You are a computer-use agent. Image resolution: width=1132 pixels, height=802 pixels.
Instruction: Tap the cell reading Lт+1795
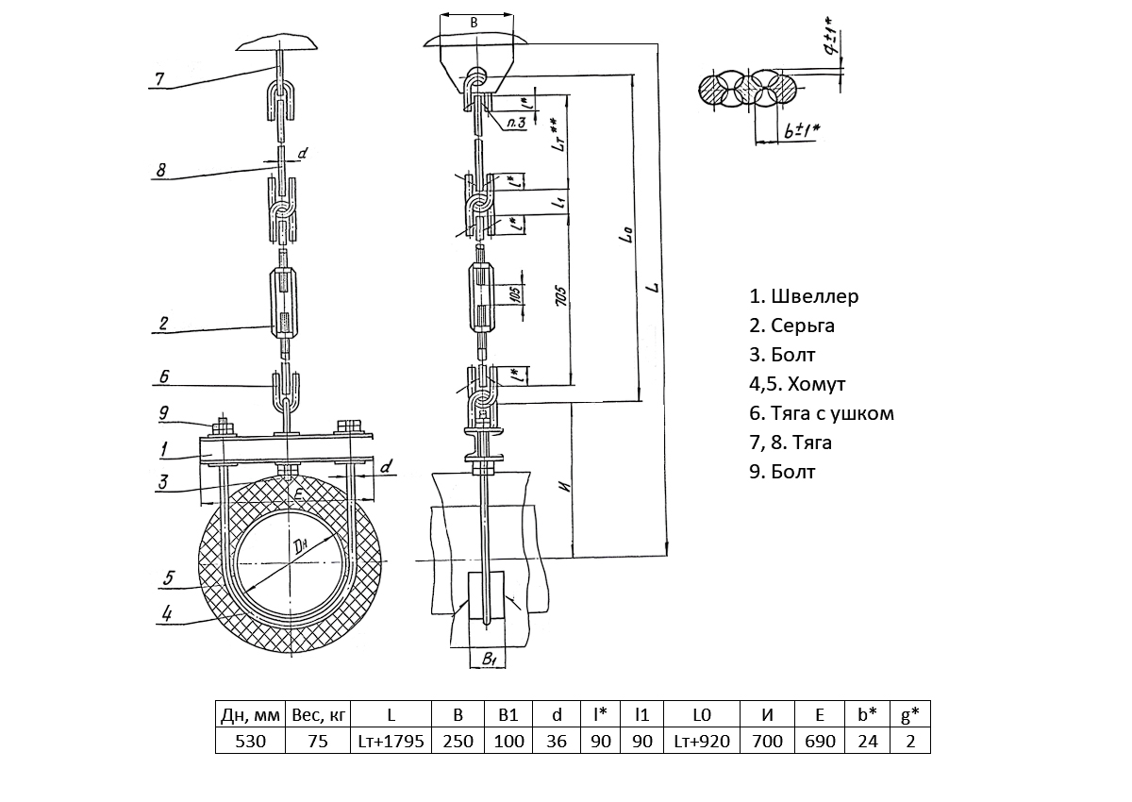point(391,741)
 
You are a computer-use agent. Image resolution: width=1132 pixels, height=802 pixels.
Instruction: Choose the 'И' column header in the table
point(767,714)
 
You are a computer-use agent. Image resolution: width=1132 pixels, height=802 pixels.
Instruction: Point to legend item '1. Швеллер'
point(804,296)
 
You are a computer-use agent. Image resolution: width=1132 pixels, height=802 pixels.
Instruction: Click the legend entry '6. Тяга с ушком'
point(821,413)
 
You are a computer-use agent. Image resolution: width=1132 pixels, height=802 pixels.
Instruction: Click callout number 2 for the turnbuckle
point(163,324)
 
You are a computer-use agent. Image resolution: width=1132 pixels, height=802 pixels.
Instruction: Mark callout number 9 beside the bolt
point(164,411)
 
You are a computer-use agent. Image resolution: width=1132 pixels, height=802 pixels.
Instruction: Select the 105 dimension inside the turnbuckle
point(515,295)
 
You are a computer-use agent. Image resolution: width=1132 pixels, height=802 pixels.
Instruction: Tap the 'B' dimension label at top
point(474,21)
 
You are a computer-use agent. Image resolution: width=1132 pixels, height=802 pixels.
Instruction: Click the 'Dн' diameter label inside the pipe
point(300,546)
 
